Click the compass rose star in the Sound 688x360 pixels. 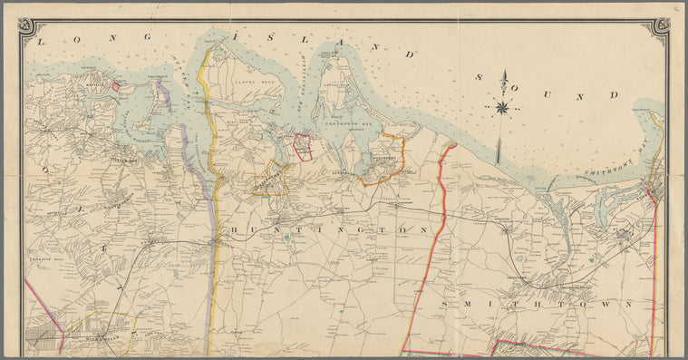pos(501,108)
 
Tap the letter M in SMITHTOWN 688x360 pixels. pos(463,303)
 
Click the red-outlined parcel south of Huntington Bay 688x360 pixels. pos(302,146)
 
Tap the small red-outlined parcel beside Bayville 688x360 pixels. pos(115,86)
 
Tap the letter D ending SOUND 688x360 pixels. pos(614,94)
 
